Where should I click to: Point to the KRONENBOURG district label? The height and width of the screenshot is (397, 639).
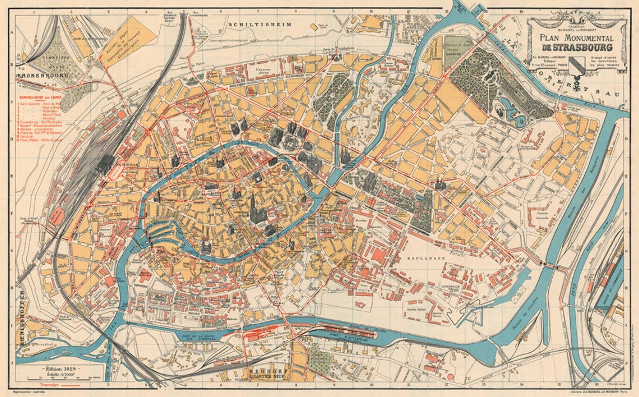coord(42,75)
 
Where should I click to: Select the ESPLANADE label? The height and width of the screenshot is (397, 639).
coord(429,258)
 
